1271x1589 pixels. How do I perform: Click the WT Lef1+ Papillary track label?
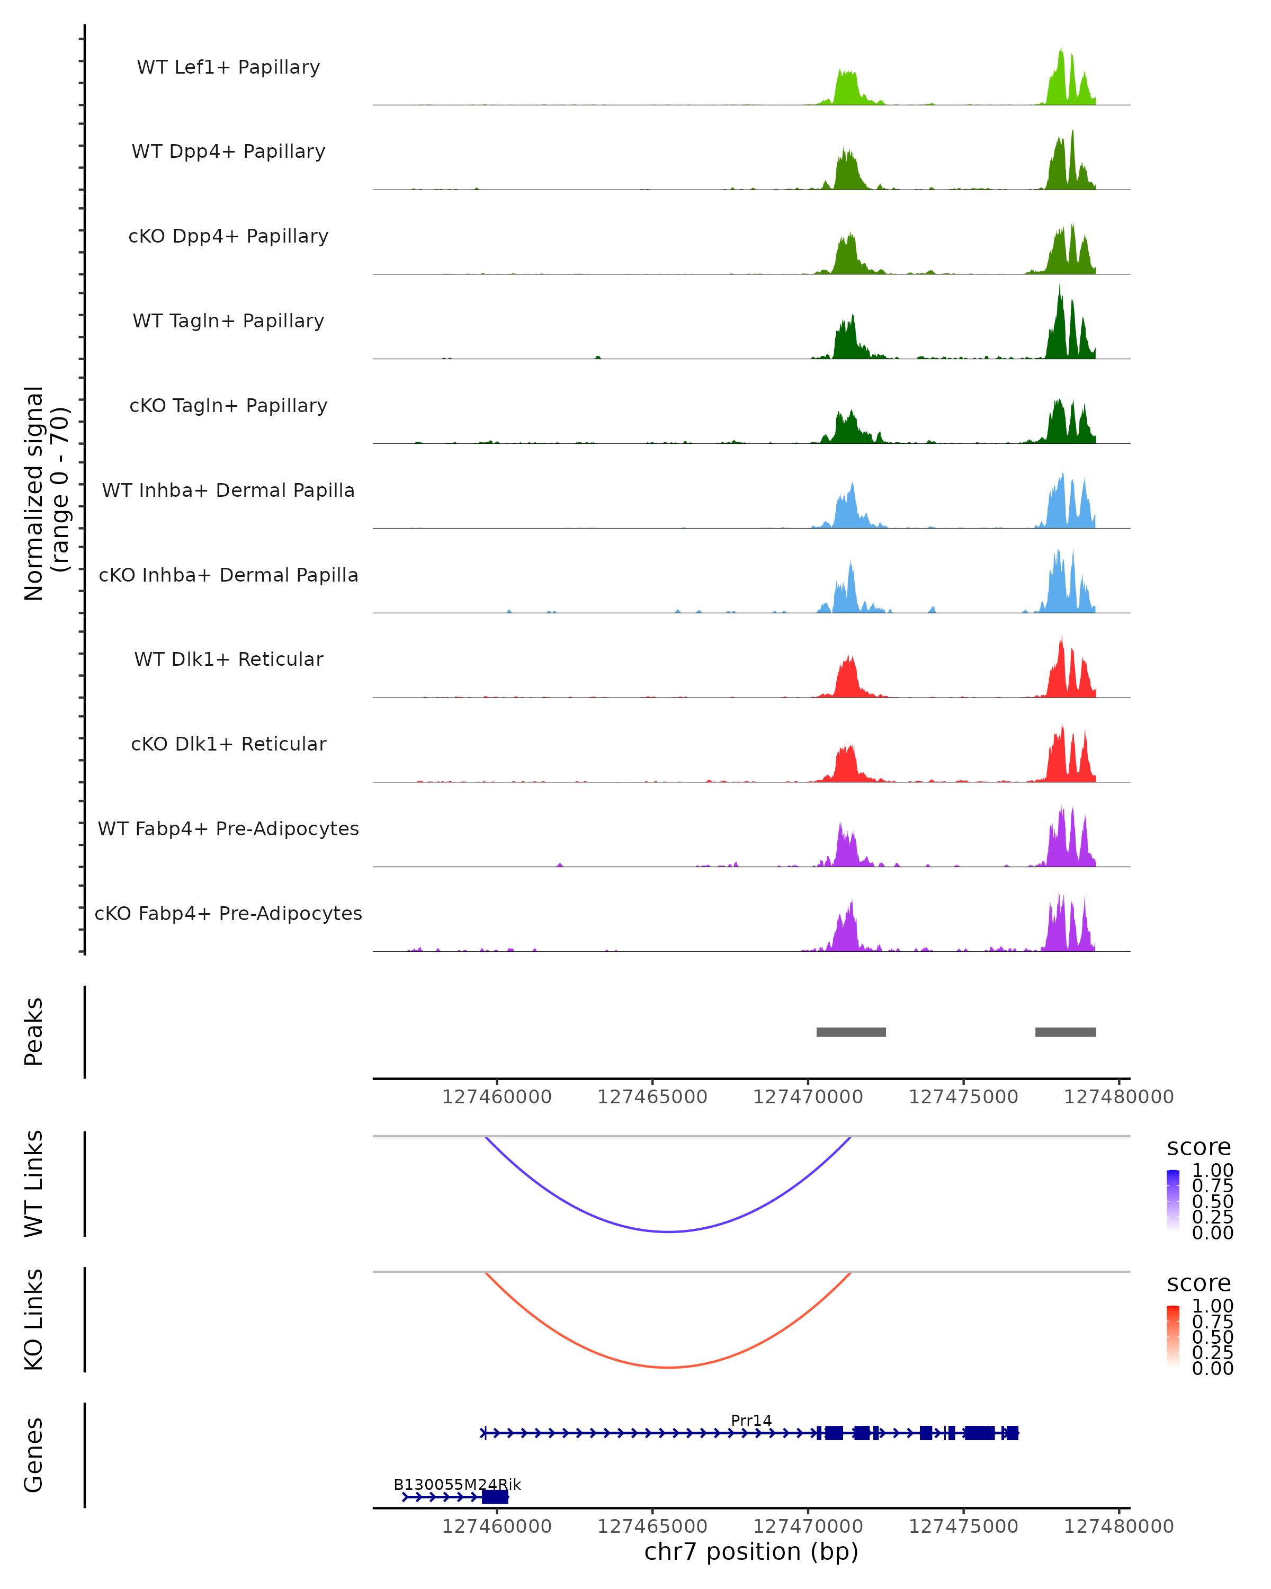click(228, 67)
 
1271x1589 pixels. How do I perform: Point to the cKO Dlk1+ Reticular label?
click(228, 744)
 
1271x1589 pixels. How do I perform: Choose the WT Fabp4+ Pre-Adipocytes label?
click(228, 828)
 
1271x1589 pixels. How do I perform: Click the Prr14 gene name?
click(751, 1420)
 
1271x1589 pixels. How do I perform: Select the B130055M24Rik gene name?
click(457, 1484)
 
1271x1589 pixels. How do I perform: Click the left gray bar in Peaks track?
click(851, 1032)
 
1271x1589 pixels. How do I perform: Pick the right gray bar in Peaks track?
click(1066, 1032)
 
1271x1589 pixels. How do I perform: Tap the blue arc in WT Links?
click(668, 1231)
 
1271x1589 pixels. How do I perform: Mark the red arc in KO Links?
click(668, 1367)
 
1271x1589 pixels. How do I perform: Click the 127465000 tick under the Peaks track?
click(652, 1097)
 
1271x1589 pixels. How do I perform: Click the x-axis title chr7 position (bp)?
click(751, 1551)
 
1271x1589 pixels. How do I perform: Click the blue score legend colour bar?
click(1173, 1201)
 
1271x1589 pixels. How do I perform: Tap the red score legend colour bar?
click(1173, 1336)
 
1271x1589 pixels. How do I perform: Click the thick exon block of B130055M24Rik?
click(495, 1497)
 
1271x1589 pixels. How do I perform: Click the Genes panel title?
click(33, 1455)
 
